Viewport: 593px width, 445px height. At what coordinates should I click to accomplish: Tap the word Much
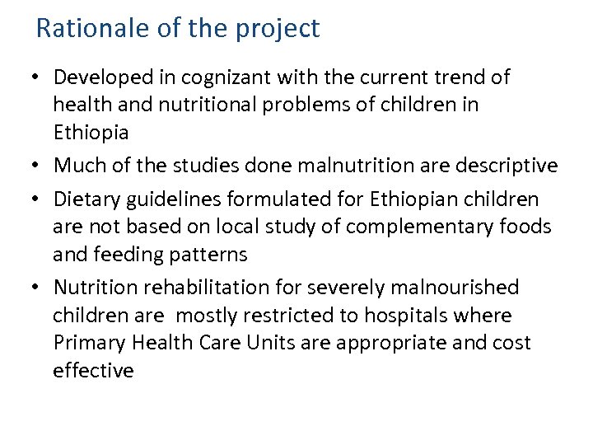(x=78, y=166)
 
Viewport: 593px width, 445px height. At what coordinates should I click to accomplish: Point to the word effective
(x=93, y=371)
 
